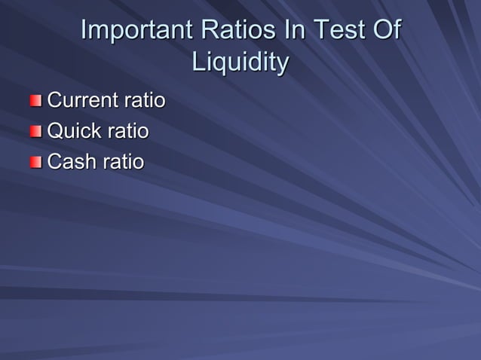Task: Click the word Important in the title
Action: pyautogui.click(x=136, y=31)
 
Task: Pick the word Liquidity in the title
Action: pyautogui.click(x=240, y=63)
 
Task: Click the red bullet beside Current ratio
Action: pyautogui.click(x=37, y=101)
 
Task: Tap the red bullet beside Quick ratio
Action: pyautogui.click(x=37, y=132)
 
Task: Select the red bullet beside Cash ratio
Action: pyautogui.click(x=37, y=162)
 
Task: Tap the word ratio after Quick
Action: pyautogui.click(x=127, y=132)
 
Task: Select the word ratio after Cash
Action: pyautogui.click(x=124, y=162)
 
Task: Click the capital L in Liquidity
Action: pyautogui.click(x=198, y=63)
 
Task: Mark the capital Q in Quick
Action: pyautogui.click(x=55, y=132)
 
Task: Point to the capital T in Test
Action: pyautogui.click(x=321, y=31)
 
